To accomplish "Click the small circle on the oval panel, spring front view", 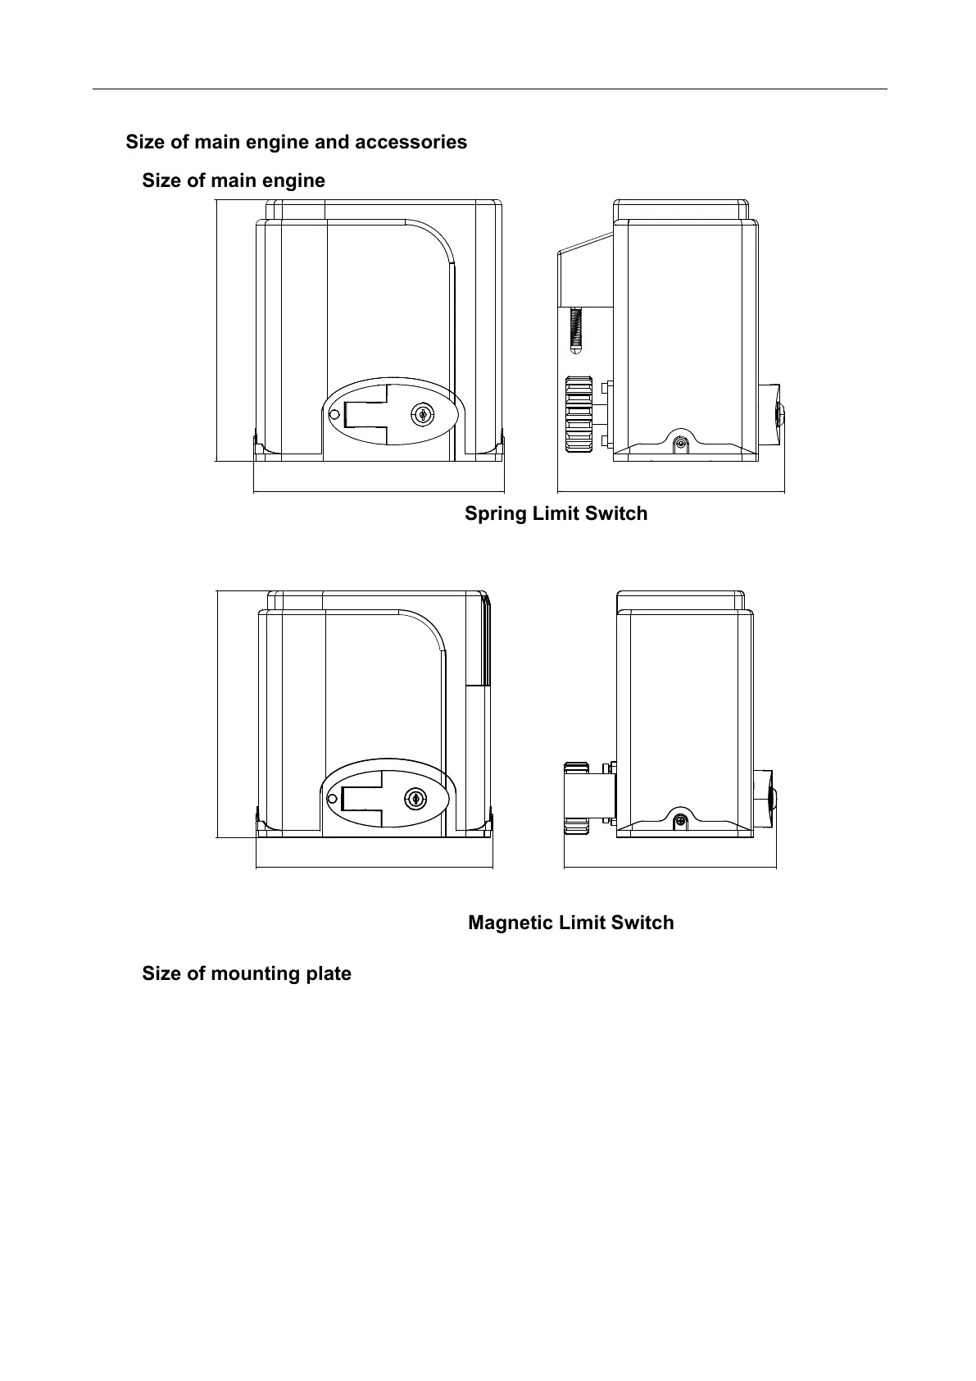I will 334,415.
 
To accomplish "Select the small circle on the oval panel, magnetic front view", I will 332,799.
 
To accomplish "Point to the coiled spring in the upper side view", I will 576,329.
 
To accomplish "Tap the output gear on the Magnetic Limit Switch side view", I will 576,797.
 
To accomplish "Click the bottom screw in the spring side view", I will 679,444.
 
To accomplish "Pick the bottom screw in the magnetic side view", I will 679,821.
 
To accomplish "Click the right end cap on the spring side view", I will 779,412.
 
